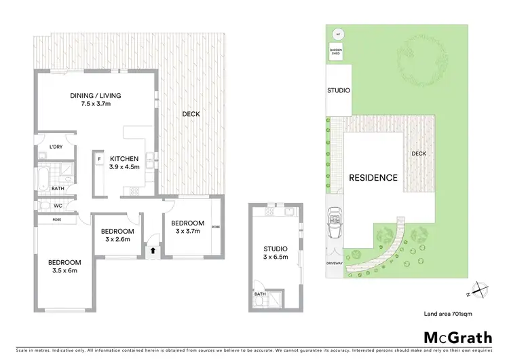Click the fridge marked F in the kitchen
coord(99,159)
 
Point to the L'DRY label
coord(57,145)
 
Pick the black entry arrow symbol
coord(152,250)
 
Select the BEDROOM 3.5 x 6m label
coord(64,266)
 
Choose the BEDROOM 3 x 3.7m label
coord(187,227)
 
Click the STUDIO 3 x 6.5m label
coord(276,253)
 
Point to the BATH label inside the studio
coord(260,294)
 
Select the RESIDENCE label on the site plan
coord(373,178)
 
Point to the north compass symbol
coord(480,290)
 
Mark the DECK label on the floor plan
coord(191,114)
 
